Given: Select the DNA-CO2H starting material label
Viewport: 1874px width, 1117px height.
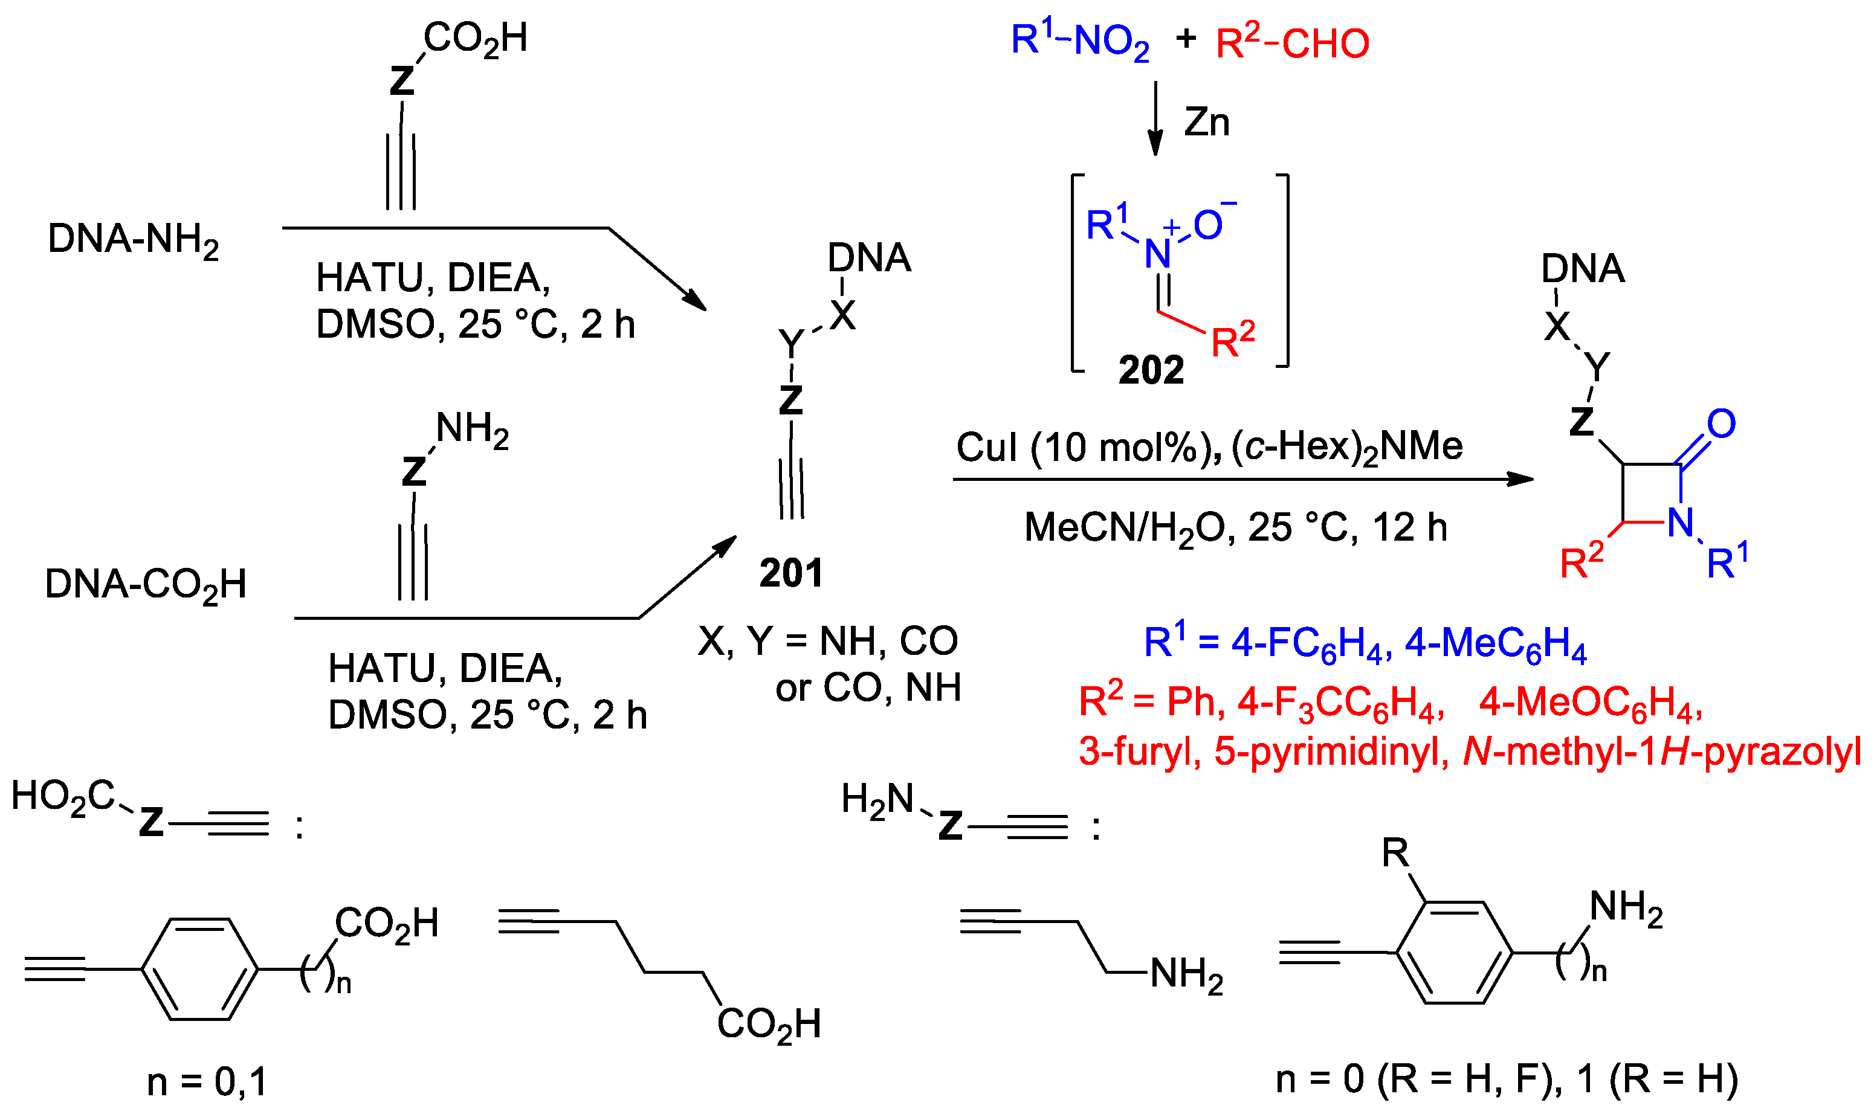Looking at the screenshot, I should pyautogui.click(x=145, y=585).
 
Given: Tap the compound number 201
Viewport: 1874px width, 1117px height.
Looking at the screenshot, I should pyautogui.click(x=790, y=573).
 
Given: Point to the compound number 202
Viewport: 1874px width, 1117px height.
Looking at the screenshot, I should pyautogui.click(x=1151, y=370).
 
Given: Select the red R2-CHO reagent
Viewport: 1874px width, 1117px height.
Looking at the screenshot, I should pyautogui.click(x=1292, y=43).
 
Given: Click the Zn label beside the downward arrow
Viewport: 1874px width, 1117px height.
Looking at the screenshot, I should pyautogui.click(x=1206, y=122).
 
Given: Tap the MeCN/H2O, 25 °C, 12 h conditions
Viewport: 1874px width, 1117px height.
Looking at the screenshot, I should pyautogui.click(x=1235, y=527).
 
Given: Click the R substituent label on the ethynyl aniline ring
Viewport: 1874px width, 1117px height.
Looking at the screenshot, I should pyautogui.click(x=1395, y=854).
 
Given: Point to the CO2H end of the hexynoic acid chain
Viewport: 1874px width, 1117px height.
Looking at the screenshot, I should pyautogui.click(x=768, y=1025).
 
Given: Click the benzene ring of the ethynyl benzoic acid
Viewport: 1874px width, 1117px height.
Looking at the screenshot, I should pyautogui.click(x=200, y=970).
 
